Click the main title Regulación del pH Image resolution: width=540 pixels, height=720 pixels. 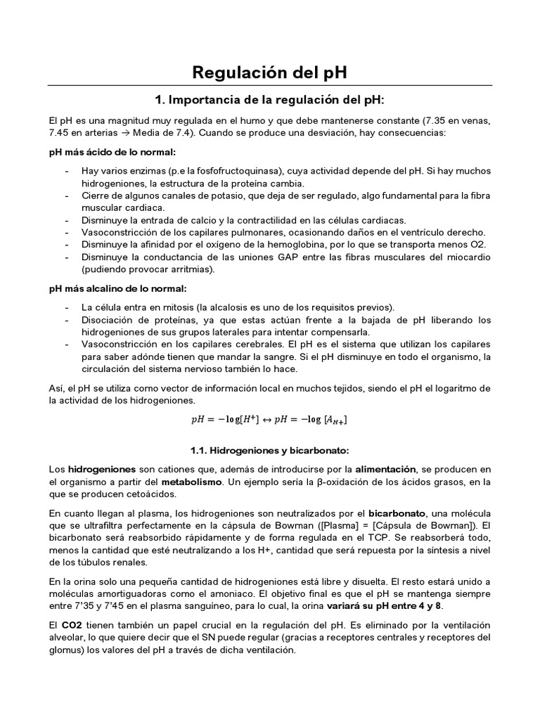pos(270,72)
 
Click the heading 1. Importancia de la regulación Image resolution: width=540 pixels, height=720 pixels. pos(270,98)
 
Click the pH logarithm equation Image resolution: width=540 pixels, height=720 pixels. pos(269,420)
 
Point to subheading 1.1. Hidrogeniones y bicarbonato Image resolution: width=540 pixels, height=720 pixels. pos(270,449)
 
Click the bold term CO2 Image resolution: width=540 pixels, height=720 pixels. pos(72,625)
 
